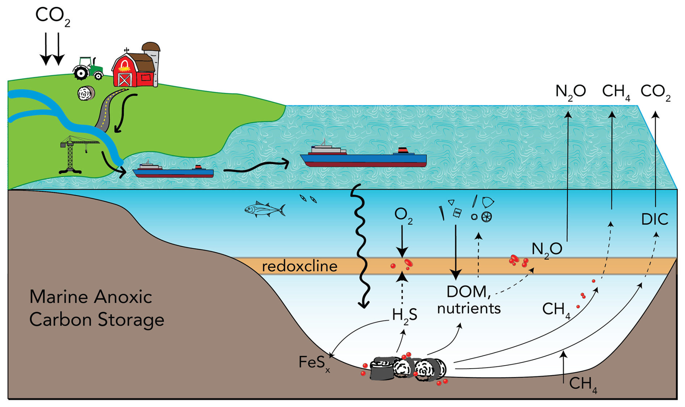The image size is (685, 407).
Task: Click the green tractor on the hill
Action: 88,68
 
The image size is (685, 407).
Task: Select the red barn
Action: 134,70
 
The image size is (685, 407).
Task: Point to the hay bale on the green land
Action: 86,93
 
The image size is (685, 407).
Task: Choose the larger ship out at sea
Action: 363,155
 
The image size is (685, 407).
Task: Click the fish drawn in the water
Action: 265,209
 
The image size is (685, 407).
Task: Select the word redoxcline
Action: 300,267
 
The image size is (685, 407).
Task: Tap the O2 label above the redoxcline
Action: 403,216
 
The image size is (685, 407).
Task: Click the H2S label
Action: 404,315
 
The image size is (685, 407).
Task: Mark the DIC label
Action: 655,219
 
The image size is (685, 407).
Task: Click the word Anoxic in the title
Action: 123,297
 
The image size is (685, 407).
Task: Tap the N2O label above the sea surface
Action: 571,92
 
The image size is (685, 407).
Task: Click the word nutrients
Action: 469,309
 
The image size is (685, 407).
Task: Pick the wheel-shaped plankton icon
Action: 487,217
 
